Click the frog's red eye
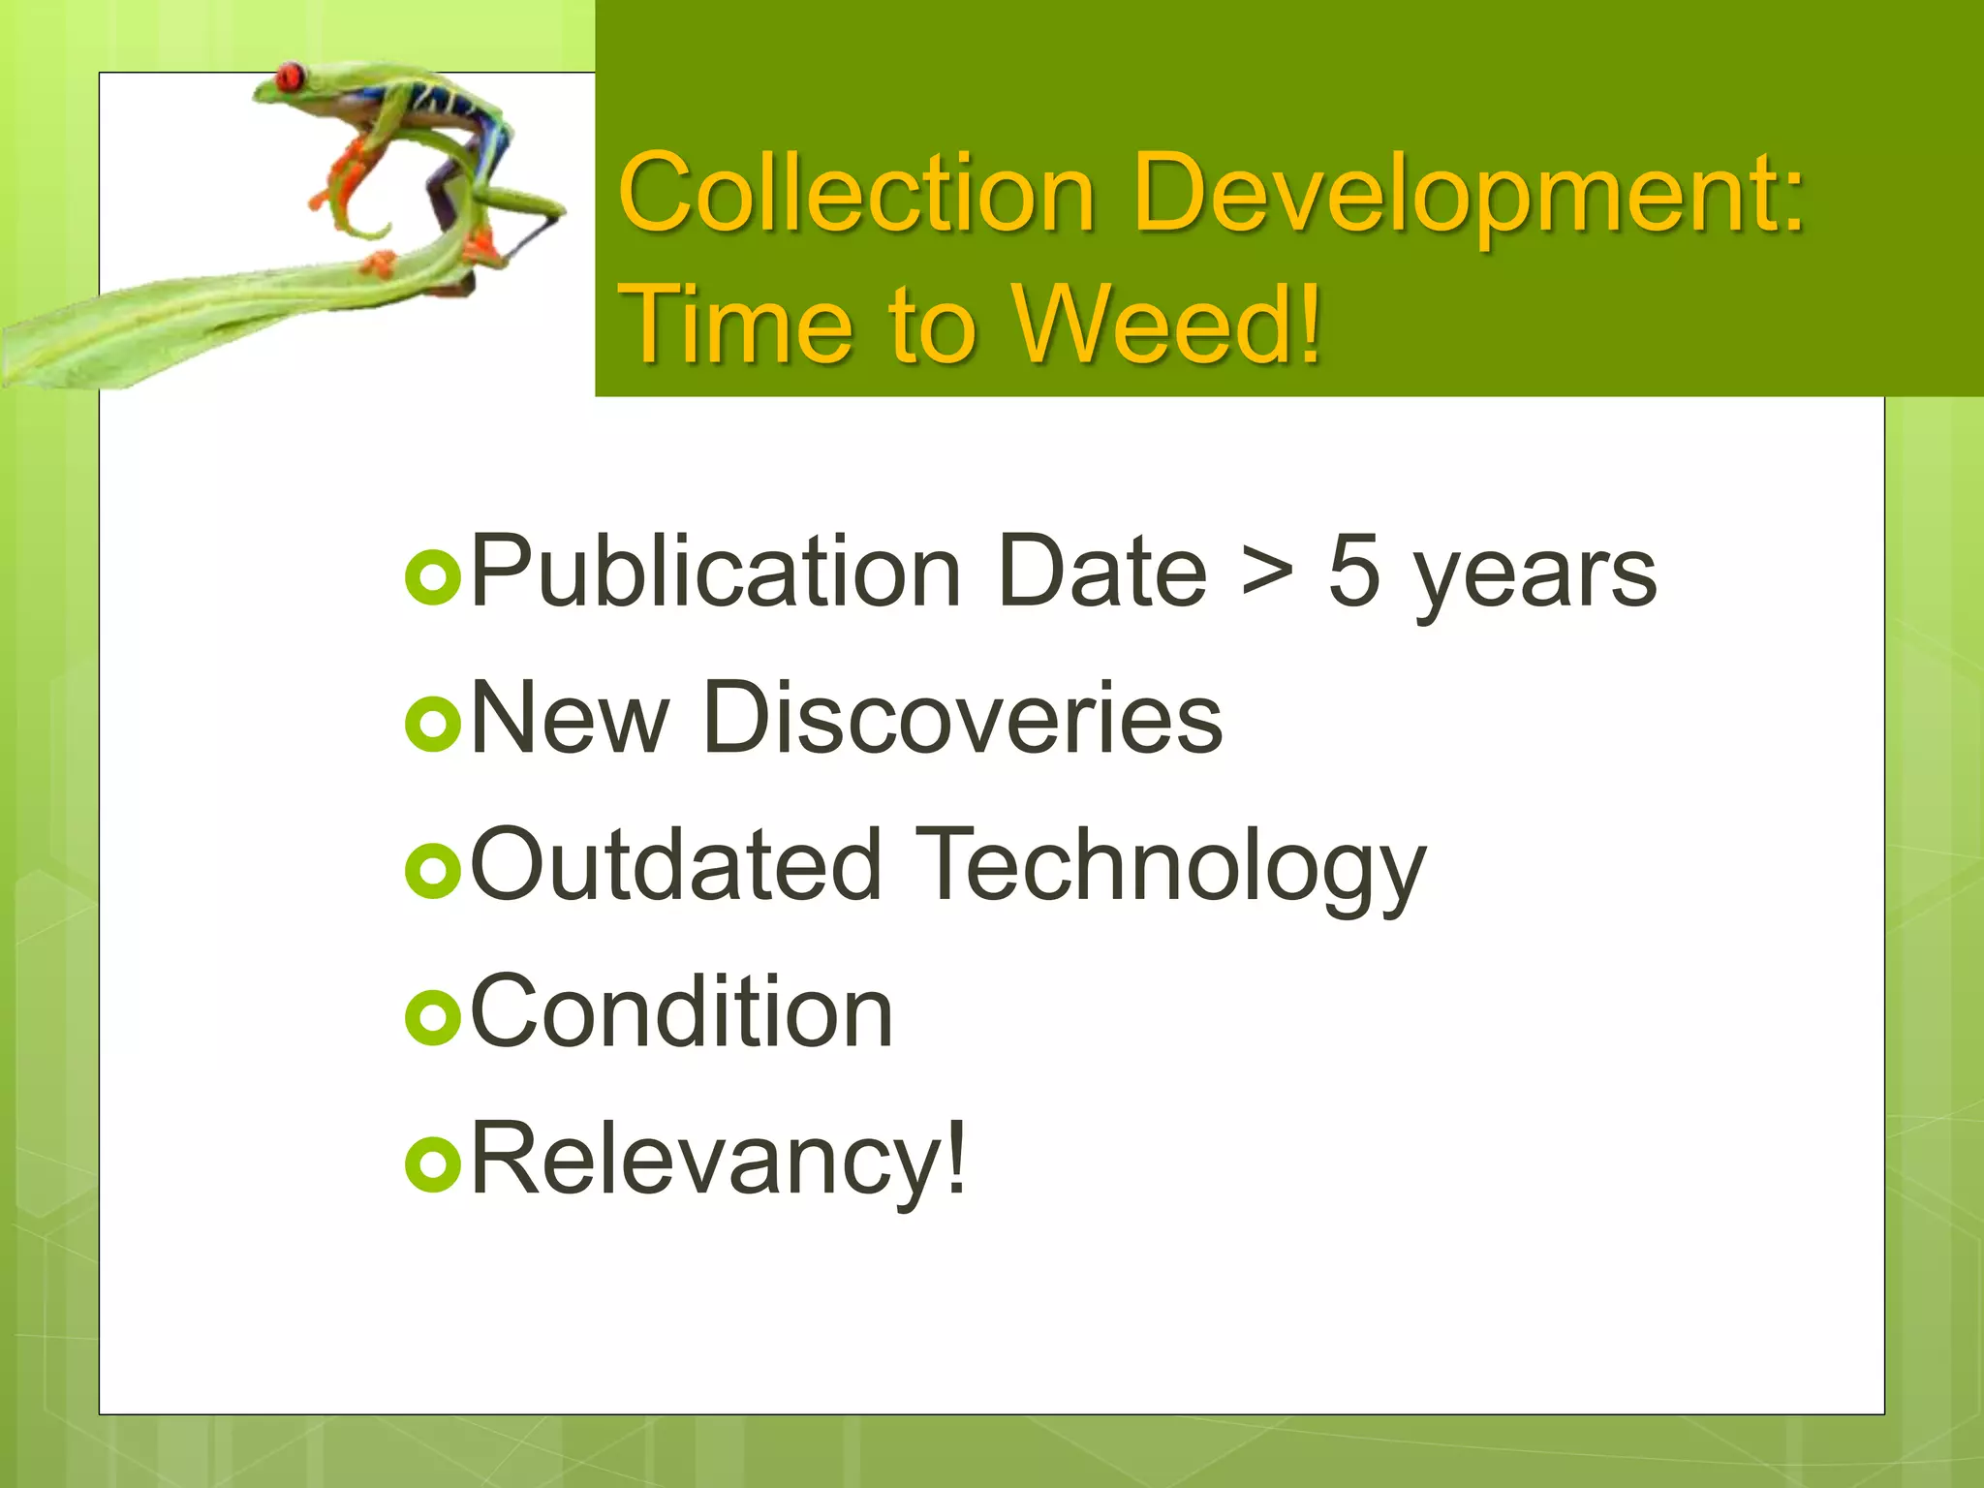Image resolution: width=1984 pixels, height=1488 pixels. (x=289, y=76)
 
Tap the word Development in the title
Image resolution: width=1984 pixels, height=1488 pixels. (x=1468, y=194)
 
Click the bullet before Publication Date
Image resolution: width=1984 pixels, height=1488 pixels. (x=431, y=578)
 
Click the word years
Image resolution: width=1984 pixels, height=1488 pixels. (x=1534, y=577)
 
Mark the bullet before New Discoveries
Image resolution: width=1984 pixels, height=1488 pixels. (x=431, y=725)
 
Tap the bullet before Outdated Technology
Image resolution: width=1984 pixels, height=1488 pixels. (x=431, y=871)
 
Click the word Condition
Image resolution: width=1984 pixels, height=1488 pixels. (x=681, y=1011)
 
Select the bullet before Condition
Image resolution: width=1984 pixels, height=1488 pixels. (x=431, y=1018)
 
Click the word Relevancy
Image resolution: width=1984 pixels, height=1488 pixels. (x=718, y=1161)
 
